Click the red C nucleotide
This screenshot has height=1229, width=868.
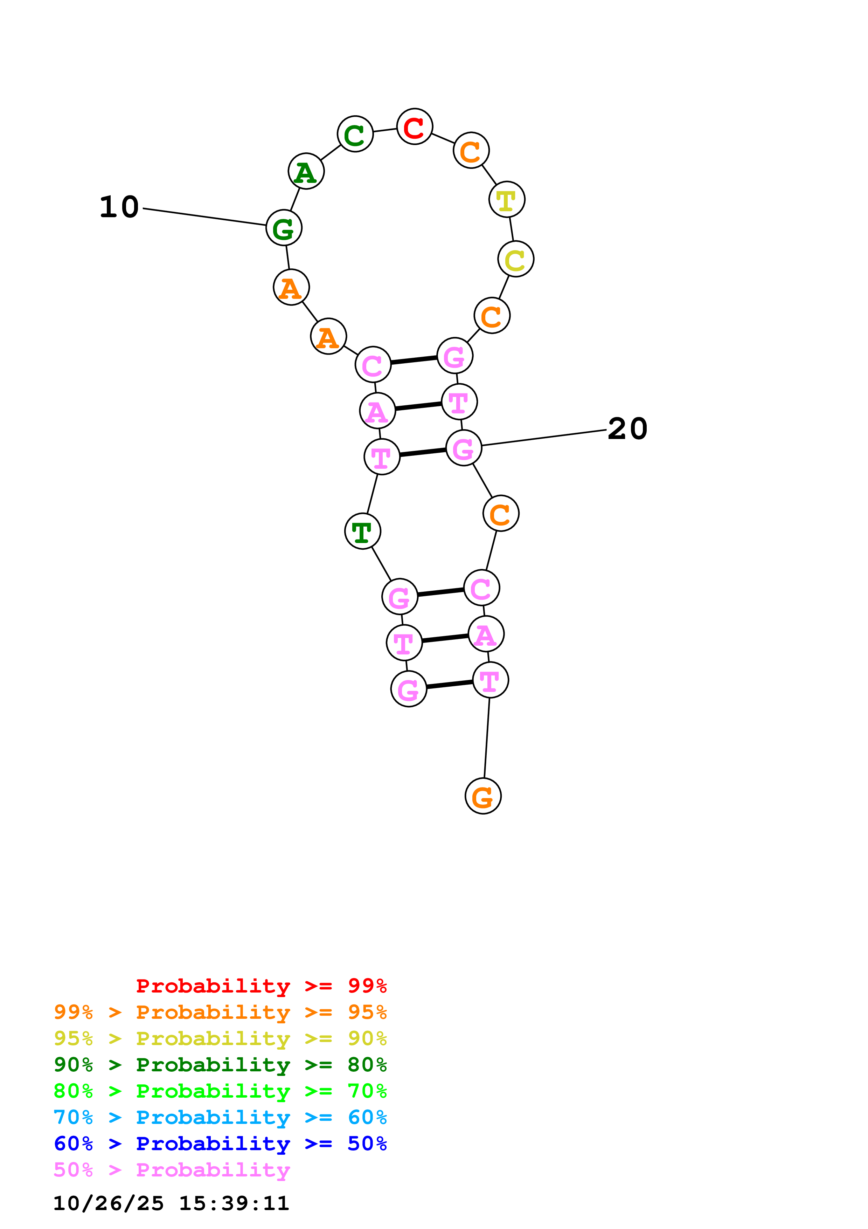[x=415, y=127]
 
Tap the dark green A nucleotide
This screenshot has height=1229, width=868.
[x=306, y=171]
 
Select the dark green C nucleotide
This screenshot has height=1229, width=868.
[x=355, y=134]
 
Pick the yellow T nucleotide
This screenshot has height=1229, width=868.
[x=506, y=200]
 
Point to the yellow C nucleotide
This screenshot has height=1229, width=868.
[x=515, y=259]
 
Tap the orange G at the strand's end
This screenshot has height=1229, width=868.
[x=483, y=796]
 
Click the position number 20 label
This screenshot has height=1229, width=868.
[x=627, y=429]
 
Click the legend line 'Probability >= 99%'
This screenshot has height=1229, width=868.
[x=261, y=986]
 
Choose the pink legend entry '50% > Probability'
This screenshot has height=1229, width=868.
[x=172, y=1170]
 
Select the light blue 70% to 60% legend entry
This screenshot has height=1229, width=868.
[x=220, y=1118]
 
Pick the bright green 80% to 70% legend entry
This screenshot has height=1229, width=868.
[x=220, y=1091]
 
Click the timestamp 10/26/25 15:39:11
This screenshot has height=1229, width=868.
[x=171, y=1203]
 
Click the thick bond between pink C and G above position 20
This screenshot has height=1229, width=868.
[x=414, y=360]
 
